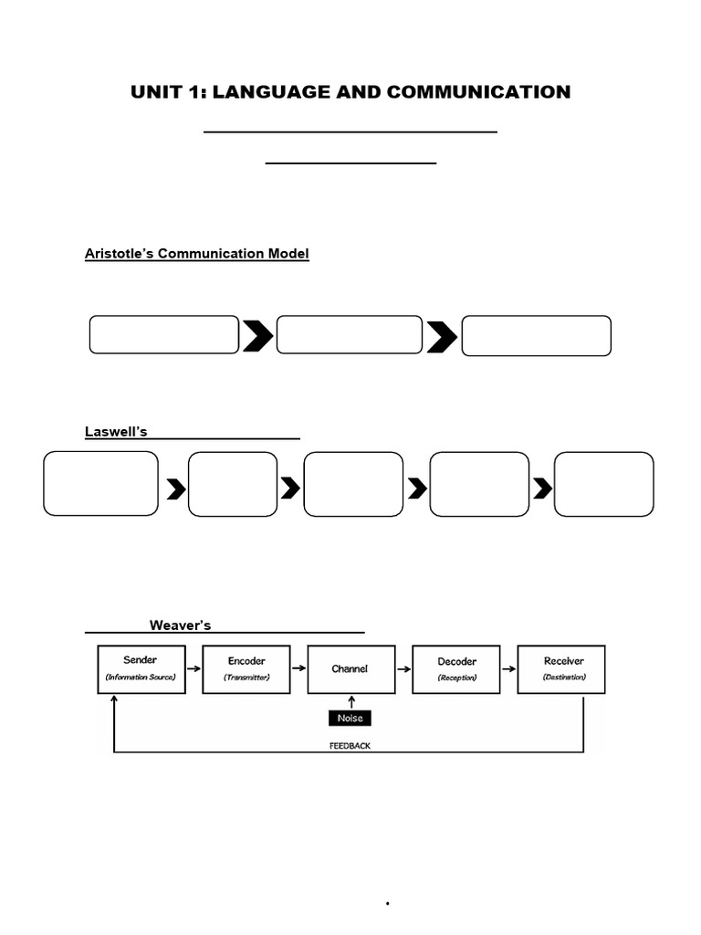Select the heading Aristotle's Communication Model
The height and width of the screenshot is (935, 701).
point(197,254)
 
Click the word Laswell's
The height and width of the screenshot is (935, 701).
point(116,432)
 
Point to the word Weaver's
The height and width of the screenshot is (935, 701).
point(180,625)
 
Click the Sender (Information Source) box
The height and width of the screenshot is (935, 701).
point(141,669)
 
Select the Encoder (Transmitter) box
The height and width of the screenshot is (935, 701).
point(246,669)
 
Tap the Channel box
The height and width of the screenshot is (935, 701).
point(350,669)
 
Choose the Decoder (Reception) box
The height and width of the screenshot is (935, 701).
point(456,669)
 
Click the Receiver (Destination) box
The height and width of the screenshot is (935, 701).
point(561,669)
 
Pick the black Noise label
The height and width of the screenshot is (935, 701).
point(350,719)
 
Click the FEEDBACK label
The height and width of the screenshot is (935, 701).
point(350,746)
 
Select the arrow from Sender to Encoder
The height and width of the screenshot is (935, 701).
point(194,668)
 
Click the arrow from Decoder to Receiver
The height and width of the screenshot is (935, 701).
point(508,668)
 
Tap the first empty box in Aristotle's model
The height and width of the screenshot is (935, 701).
point(164,335)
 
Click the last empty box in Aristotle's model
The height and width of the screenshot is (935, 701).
point(537,336)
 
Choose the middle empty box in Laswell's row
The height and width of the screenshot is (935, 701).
point(353,484)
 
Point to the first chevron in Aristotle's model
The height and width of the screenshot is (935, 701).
point(257,337)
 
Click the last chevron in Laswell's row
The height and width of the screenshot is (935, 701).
point(542,489)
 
